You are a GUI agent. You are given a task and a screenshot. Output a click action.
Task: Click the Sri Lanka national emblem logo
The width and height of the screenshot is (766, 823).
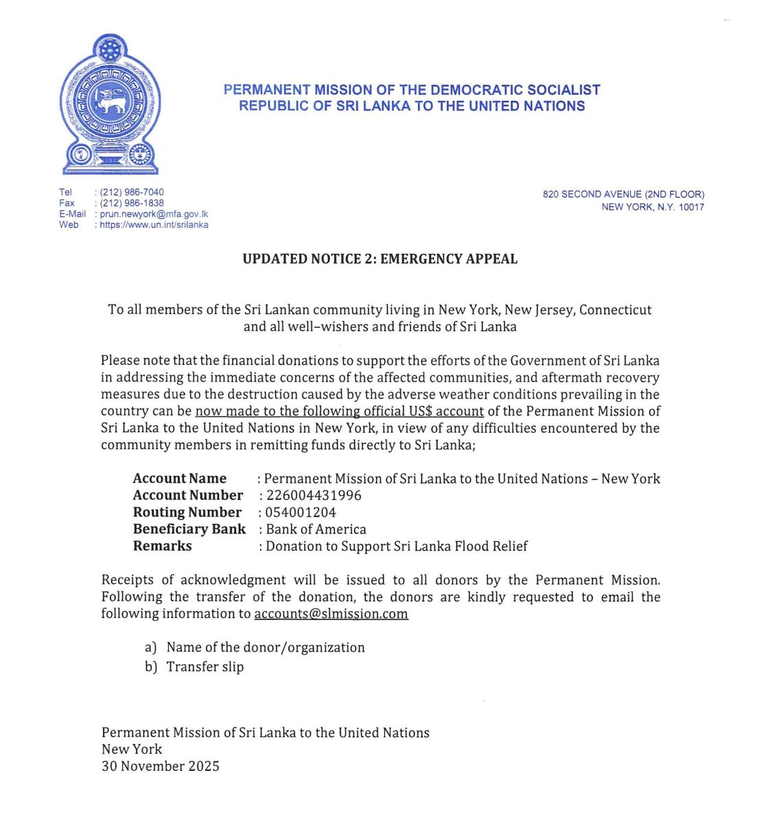pyautogui.click(x=110, y=104)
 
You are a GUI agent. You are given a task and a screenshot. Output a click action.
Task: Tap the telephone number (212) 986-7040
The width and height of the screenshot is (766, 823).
pyautogui.click(x=132, y=192)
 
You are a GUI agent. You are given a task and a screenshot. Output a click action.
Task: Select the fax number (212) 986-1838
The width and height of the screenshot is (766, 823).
pyautogui.click(x=132, y=203)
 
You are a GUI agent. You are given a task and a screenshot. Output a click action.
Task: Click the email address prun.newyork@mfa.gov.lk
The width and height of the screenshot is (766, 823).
pyautogui.click(x=154, y=214)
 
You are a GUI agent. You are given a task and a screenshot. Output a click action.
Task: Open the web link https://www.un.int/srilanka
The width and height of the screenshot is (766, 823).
pyautogui.click(x=154, y=225)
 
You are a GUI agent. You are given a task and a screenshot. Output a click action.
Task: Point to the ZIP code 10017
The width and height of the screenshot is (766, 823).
pyautogui.click(x=691, y=207)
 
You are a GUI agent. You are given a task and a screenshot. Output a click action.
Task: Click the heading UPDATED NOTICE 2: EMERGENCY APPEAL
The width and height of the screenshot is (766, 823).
pyautogui.click(x=380, y=259)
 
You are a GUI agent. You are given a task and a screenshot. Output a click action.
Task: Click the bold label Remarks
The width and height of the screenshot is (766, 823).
pyautogui.click(x=162, y=546)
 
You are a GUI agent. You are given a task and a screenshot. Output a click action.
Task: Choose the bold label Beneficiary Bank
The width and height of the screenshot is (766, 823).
pyautogui.click(x=189, y=529)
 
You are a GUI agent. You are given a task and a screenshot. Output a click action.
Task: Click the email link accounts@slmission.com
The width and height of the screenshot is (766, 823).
pyautogui.click(x=331, y=614)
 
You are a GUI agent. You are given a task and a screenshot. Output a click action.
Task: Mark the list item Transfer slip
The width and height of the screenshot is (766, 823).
pyautogui.click(x=205, y=667)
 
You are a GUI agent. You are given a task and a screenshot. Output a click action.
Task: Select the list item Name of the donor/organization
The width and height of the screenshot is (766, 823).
pyautogui.click(x=265, y=647)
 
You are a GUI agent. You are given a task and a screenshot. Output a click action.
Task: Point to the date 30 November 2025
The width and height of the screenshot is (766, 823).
pyautogui.click(x=161, y=766)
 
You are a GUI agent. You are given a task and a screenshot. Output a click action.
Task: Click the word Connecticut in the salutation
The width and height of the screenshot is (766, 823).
pyautogui.click(x=616, y=310)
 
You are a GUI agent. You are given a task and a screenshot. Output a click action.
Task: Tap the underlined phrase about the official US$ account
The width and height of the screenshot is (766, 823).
pyautogui.click(x=340, y=411)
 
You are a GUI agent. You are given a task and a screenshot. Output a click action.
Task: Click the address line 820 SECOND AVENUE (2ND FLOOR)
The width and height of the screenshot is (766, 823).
pyautogui.click(x=623, y=195)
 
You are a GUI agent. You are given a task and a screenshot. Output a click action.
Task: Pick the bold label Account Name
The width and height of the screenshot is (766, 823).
pyautogui.click(x=179, y=479)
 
